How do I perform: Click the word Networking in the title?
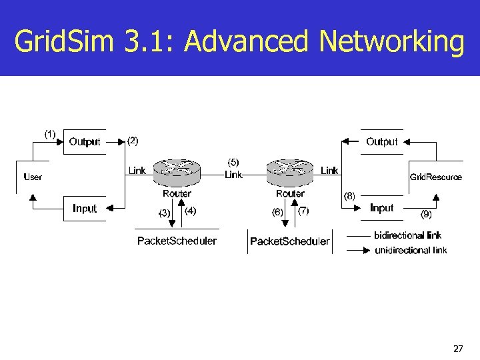click(x=391, y=42)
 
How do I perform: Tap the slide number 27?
click(x=458, y=348)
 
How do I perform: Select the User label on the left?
click(x=33, y=177)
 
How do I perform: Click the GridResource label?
click(x=435, y=177)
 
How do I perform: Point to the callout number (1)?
click(x=50, y=133)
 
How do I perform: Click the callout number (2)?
click(x=133, y=141)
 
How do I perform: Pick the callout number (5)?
click(x=233, y=162)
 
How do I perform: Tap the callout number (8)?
click(x=349, y=196)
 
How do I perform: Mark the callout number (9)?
click(x=426, y=214)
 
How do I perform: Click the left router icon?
click(x=177, y=173)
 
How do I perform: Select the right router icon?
click(x=290, y=173)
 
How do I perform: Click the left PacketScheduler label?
click(x=177, y=241)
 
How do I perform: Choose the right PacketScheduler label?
click(x=289, y=241)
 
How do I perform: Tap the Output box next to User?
click(x=85, y=141)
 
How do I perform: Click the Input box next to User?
click(x=85, y=209)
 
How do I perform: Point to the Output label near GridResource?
click(x=381, y=141)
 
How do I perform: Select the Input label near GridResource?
click(x=382, y=208)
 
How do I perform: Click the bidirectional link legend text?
click(x=407, y=235)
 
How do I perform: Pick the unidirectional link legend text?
click(x=411, y=251)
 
